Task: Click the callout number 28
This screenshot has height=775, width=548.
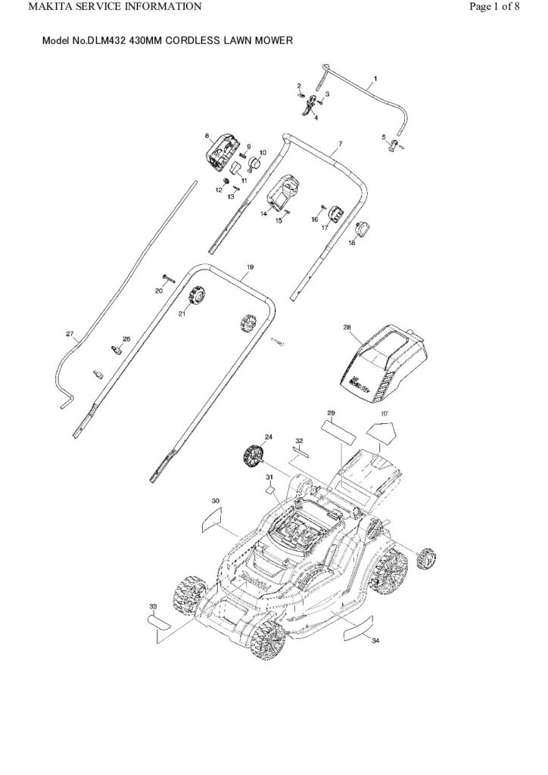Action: click(x=347, y=328)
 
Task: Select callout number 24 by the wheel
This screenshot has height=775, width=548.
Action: click(x=266, y=437)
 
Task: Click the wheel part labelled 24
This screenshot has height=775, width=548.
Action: click(x=252, y=456)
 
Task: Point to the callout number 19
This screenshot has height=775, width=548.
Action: click(x=250, y=268)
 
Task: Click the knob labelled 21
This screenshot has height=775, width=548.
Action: click(x=200, y=294)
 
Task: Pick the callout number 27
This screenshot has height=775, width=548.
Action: click(x=70, y=334)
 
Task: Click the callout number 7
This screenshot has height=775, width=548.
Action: click(x=341, y=143)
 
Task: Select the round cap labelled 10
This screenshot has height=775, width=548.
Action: click(x=255, y=162)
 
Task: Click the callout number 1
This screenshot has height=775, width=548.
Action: click(x=376, y=79)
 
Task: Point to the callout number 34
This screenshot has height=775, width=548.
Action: click(x=376, y=640)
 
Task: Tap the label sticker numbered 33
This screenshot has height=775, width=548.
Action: click(x=161, y=622)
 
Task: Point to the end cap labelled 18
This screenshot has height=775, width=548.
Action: click(x=364, y=228)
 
